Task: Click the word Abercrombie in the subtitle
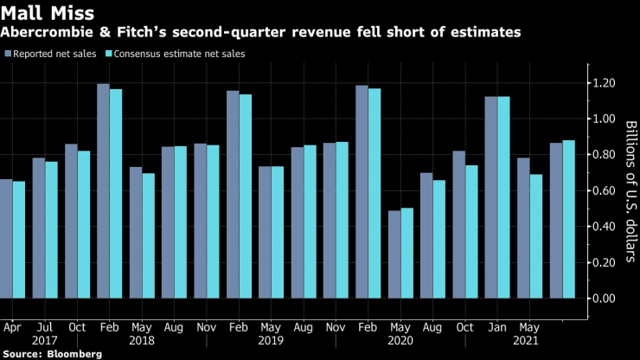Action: pos(43,33)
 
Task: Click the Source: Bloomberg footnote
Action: pos(52,353)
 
